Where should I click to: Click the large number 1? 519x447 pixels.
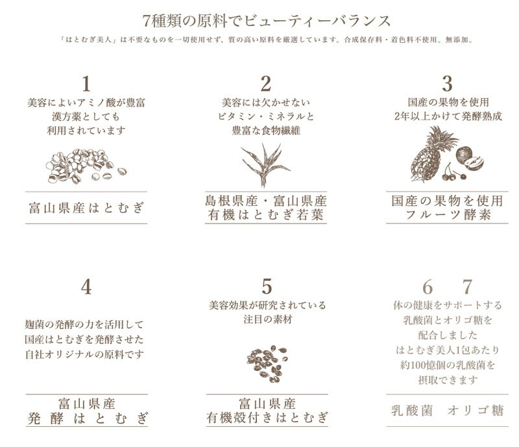pos(86,84)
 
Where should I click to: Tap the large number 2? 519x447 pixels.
pos(265,84)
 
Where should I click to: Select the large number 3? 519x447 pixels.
pos(447,84)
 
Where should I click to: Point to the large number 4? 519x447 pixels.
pos(86,287)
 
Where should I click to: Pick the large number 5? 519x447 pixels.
pos(267,287)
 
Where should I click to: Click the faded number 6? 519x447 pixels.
pos(428,287)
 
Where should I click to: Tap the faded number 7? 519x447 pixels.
pos(467,287)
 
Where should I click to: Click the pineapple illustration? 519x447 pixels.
pos(430,154)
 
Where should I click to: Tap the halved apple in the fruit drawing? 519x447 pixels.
pos(474,163)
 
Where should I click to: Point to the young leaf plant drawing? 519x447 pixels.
pos(265,165)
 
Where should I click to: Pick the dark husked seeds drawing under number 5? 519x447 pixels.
pos(267,364)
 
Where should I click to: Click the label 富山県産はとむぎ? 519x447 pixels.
pos(86,208)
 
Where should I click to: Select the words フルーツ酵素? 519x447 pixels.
pos(447,215)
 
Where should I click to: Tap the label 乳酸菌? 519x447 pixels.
pos(412,411)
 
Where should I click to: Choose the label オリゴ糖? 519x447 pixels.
pos(476,411)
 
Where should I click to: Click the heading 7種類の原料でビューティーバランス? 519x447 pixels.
pos(267,21)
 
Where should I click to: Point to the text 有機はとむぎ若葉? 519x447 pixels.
pos(265,215)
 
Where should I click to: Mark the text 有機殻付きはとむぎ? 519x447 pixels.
pos(267,418)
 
